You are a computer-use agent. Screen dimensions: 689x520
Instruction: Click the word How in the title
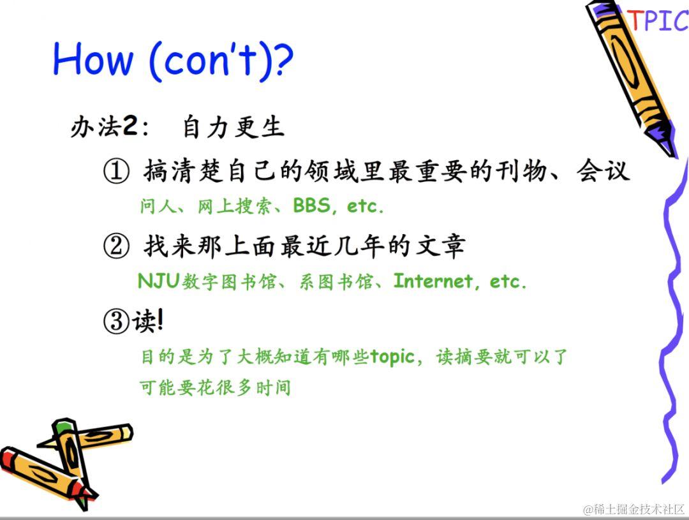tap(93, 58)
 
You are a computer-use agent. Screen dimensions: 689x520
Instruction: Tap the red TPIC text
tap(658, 20)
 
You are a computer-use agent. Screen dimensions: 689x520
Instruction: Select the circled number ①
tap(117, 171)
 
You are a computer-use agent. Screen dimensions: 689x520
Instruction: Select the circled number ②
tap(117, 246)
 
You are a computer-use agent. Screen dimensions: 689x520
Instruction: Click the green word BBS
tap(311, 205)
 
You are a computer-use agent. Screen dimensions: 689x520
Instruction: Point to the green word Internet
tap(433, 281)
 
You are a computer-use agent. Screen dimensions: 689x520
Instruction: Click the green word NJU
tap(159, 281)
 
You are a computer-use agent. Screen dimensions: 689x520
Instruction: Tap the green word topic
tap(392, 357)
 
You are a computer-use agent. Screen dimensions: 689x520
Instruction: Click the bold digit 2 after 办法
tap(130, 126)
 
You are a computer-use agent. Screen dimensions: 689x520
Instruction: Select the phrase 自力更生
tap(233, 127)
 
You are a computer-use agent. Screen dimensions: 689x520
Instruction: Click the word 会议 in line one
tap(603, 170)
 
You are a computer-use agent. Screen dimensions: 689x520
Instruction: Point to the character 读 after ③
tap(144, 321)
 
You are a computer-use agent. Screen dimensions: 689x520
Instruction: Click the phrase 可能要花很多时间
tap(215, 388)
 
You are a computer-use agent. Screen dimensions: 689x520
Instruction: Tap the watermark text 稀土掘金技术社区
tap(638, 509)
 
